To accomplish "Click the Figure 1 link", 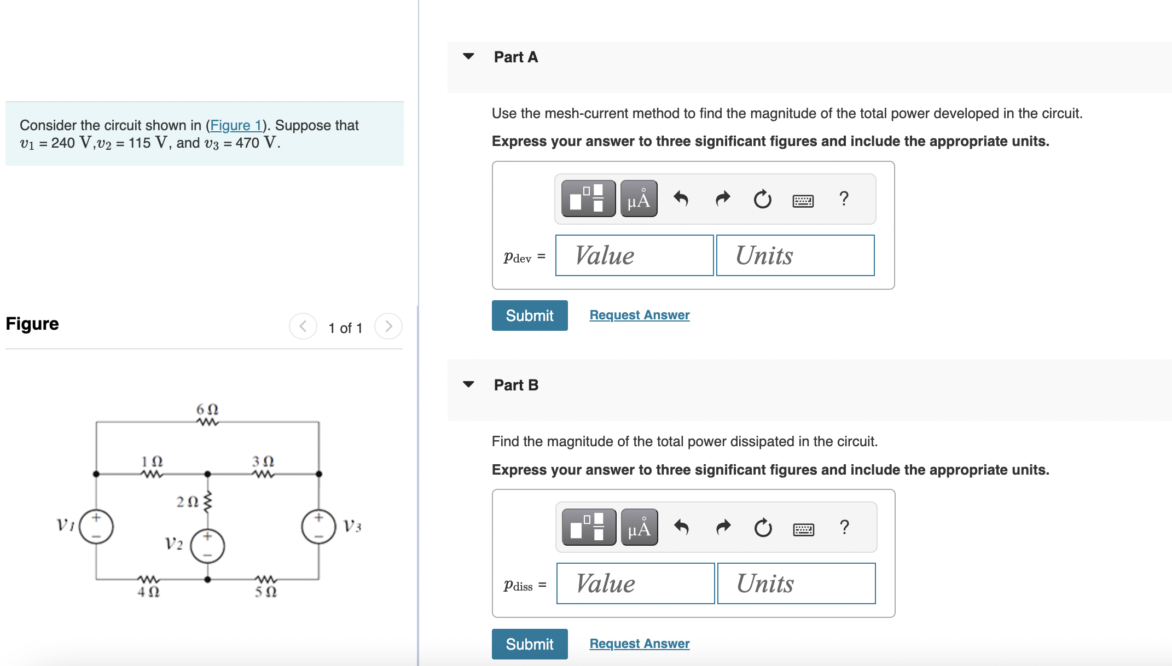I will (236, 125).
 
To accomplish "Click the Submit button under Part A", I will (529, 316).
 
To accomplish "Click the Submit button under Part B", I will (529, 644).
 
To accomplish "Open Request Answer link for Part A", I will (639, 315).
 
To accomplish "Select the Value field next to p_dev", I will (634, 255).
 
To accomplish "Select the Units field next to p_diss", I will (796, 583).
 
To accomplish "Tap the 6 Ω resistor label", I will (207, 410).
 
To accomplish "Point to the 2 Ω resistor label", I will (187, 501).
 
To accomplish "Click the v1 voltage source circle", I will (96, 527).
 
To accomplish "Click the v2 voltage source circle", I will (207, 546).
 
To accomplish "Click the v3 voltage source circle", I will (318, 527).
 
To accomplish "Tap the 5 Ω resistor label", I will (266, 592).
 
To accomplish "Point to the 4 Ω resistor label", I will (148, 592).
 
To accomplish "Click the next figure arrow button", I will (388, 326).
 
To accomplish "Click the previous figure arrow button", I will (303, 326).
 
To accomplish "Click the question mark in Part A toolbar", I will (844, 199).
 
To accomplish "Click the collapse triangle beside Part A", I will (468, 56).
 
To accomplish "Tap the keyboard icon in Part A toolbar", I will (803, 201).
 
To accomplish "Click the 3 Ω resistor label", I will (263, 461).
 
